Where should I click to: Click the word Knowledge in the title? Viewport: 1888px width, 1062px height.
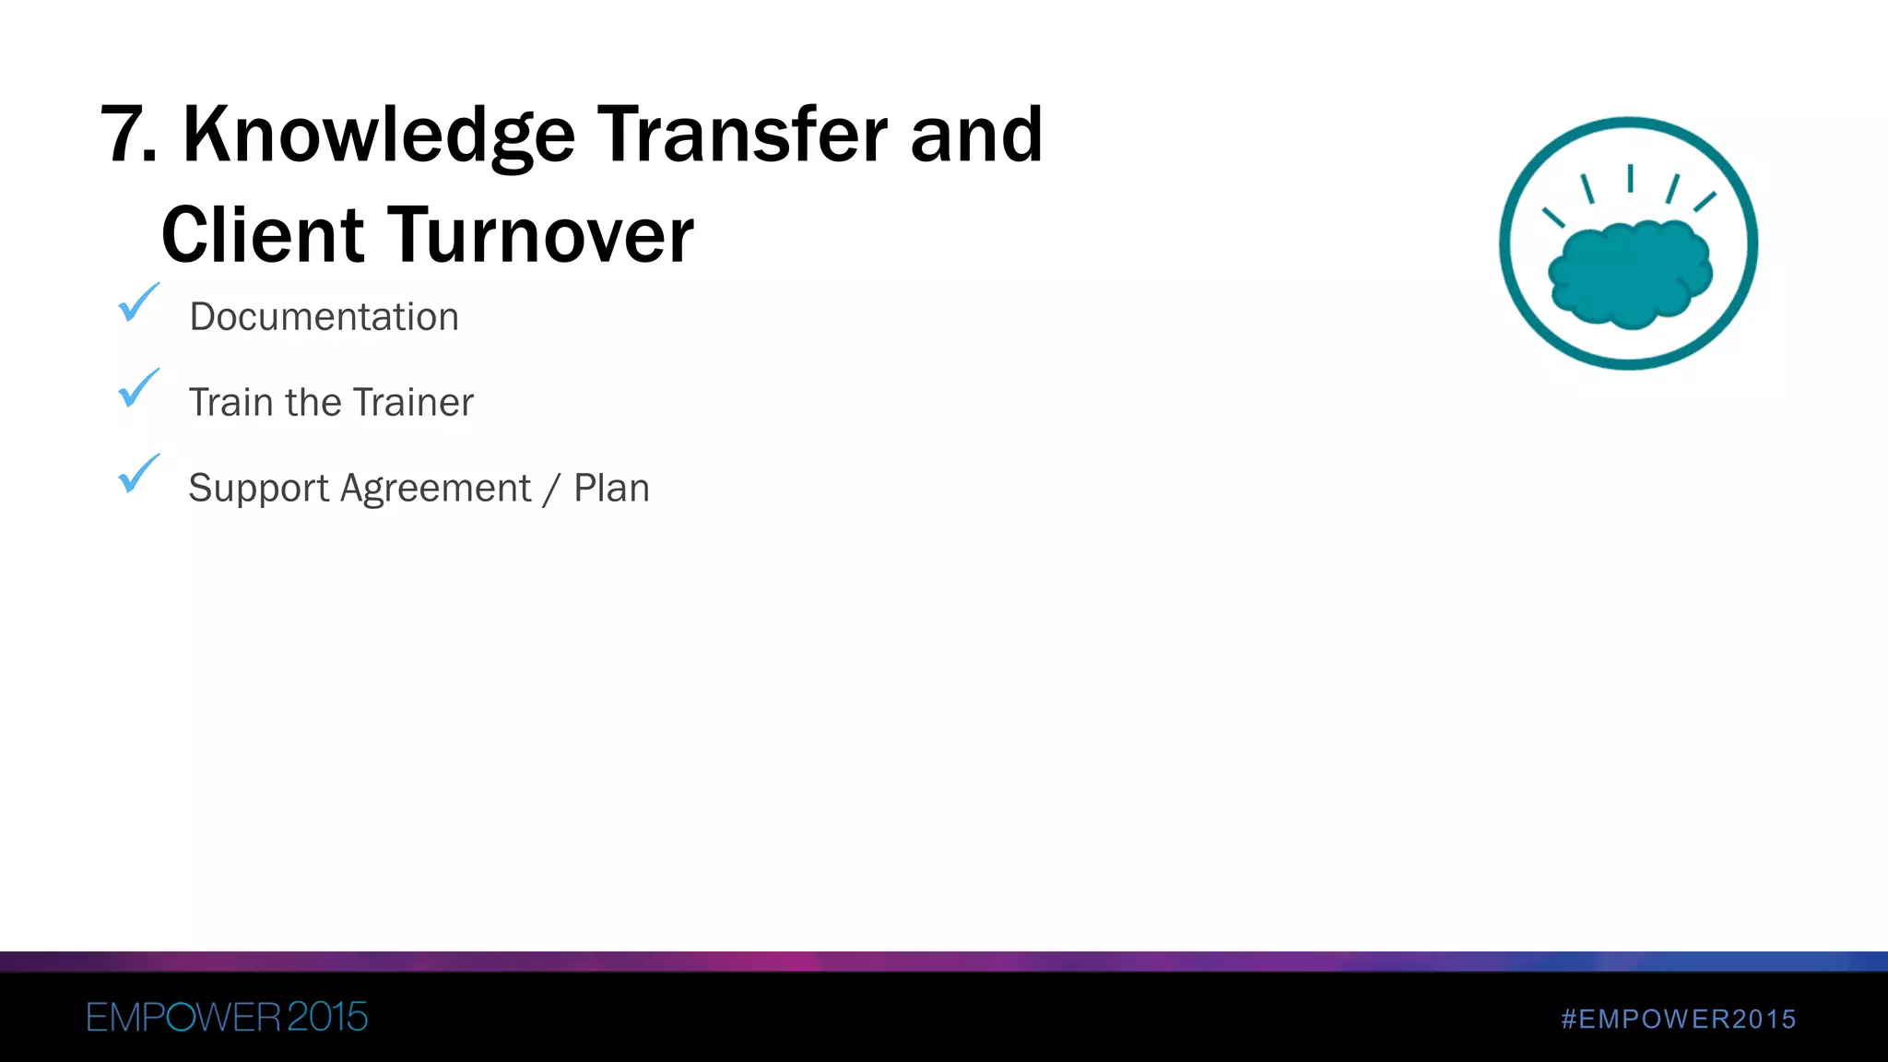click(x=379, y=136)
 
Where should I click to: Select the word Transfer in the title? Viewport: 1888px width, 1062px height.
click(x=742, y=136)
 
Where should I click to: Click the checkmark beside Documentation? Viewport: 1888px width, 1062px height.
click(x=138, y=303)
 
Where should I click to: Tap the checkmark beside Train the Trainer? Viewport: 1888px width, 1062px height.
click(x=138, y=388)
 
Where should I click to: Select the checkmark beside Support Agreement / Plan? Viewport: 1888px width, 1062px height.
click(x=138, y=474)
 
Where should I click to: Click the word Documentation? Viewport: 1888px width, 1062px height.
click(x=324, y=317)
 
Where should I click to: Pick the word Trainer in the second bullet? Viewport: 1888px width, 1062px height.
click(x=413, y=403)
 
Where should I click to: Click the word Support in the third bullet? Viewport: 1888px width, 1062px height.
click(x=258, y=489)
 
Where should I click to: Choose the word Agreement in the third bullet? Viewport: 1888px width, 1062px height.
click(x=435, y=489)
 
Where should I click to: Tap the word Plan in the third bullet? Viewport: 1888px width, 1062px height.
click(x=611, y=489)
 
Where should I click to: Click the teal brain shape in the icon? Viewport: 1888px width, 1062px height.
click(x=1630, y=274)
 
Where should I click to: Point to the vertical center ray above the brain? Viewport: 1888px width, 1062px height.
click(x=1630, y=178)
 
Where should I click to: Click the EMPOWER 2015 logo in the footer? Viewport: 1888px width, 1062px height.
click(x=227, y=1018)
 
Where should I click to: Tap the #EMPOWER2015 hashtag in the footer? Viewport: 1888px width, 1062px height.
click(x=1679, y=1019)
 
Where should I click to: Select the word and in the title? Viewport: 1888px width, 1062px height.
click(x=976, y=136)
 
